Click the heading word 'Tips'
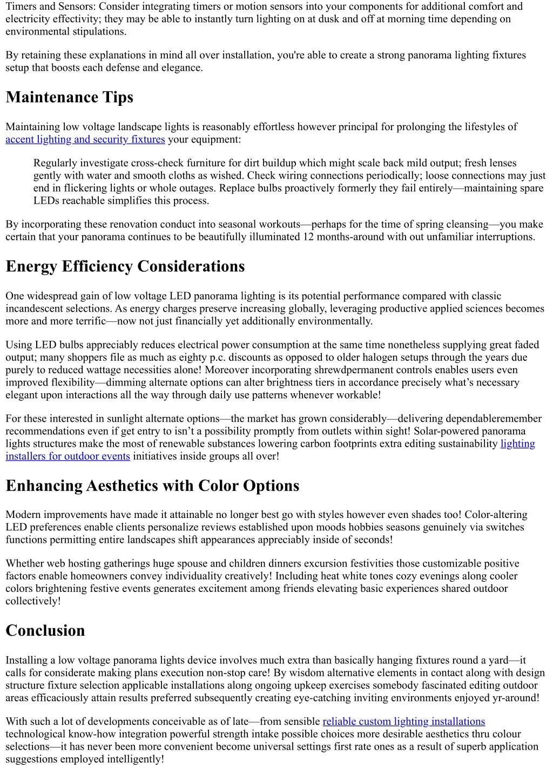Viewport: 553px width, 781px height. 115,97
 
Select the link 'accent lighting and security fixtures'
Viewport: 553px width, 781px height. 85,139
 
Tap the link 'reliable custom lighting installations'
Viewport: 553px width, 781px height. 403,722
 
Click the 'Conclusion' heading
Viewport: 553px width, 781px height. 45,631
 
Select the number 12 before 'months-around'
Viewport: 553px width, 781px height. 308,237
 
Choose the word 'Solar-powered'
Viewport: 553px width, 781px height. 447,431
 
